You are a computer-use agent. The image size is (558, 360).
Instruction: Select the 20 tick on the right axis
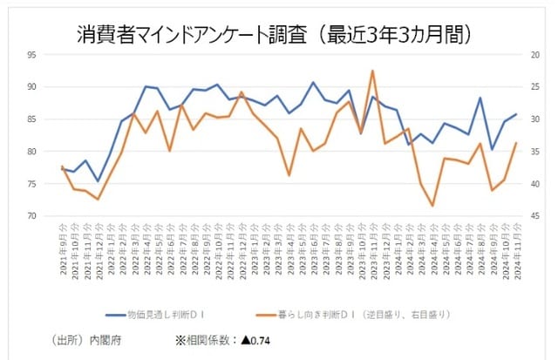pyautogui.click(x=533, y=54)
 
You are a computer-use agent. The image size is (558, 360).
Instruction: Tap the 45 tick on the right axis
pyautogui.click(x=533, y=215)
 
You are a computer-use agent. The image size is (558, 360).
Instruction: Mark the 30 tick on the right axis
pyautogui.click(x=533, y=119)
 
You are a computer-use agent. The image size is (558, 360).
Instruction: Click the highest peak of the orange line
pyautogui.click(x=372, y=71)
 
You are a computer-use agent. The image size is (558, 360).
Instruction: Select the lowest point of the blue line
pyautogui.click(x=98, y=181)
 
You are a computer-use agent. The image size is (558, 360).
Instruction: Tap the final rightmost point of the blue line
pyautogui.click(x=516, y=114)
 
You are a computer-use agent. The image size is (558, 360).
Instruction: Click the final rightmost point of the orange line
pyautogui.click(x=516, y=143)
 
